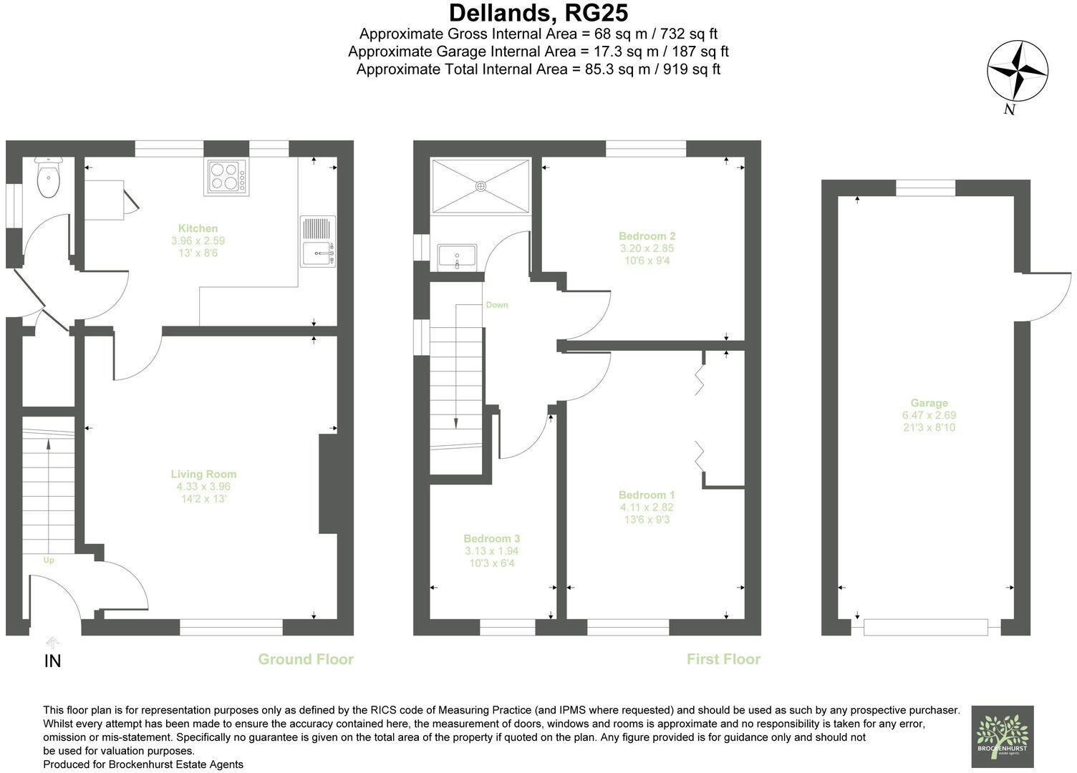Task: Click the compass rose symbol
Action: [x=1017, y=72]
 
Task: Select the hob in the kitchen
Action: [x=227, y=177]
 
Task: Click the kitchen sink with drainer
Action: [x=318, y=241]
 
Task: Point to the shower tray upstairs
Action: [x=480, y=185]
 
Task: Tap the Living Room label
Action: [x=203, y=474]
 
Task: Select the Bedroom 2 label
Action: [x=647, y=236]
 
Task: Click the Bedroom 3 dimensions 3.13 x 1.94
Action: [x=491, y=551]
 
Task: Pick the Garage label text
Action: [x=929, y=403]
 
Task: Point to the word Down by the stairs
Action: [x=496, y=305]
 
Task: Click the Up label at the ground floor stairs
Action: [x=49, y=560]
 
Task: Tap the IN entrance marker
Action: [x=52, y=661]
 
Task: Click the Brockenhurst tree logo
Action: [x=1002, y=736]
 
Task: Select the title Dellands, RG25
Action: [x=538, y=13]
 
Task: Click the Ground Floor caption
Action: [x=306, y=659]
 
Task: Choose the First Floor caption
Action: [x=723, y=659]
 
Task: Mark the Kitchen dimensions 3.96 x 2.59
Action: [x=198, y=241]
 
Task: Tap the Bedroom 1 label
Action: [x=647, y=495]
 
